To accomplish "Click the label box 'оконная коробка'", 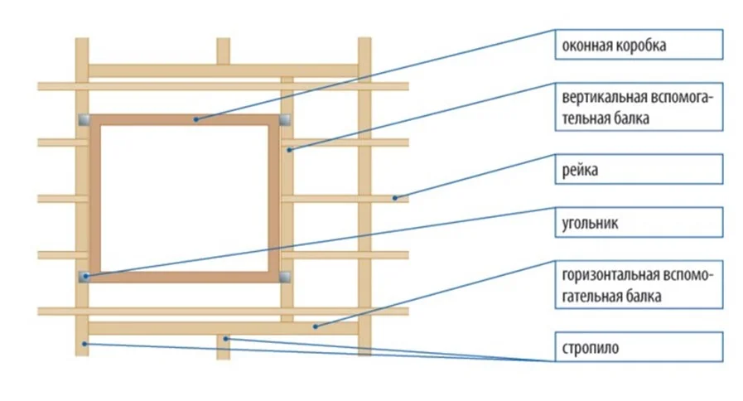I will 639,46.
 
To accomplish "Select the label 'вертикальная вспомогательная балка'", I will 639,107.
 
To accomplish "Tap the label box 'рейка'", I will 639,170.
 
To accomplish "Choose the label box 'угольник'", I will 639,223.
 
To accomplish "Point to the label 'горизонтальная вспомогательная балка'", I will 639,285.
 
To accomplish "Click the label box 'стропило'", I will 639,346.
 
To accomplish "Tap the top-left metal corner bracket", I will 84,119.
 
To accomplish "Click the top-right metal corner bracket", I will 285,119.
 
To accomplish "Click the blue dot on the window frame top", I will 195,120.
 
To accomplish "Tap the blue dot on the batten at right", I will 396,197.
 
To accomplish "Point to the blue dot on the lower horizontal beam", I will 314,326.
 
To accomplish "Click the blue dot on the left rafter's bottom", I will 84,342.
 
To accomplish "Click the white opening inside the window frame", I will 184,197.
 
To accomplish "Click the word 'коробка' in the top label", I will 641,46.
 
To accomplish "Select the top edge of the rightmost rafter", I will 364,40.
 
